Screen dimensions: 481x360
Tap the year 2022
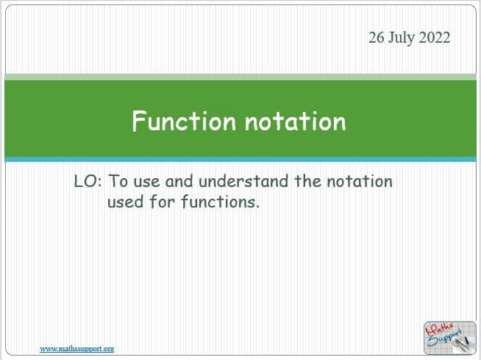435,38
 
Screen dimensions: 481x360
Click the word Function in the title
184,121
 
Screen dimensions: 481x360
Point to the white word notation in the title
295,121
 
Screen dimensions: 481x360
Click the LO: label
88,181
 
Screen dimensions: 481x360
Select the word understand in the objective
243,181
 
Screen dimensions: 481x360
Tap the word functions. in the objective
220,202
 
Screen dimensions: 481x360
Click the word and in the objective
179,181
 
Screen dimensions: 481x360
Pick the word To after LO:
118,181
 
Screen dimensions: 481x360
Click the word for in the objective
163,202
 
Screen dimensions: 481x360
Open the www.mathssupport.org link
77,349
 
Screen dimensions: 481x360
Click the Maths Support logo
449,338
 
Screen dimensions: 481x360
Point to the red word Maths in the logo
439,329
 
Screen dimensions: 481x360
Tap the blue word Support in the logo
444,338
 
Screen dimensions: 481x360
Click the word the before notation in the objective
307,181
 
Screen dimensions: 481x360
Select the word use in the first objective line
146,182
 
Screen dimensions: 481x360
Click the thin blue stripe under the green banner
240,160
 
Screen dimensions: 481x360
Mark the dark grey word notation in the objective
360,181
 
